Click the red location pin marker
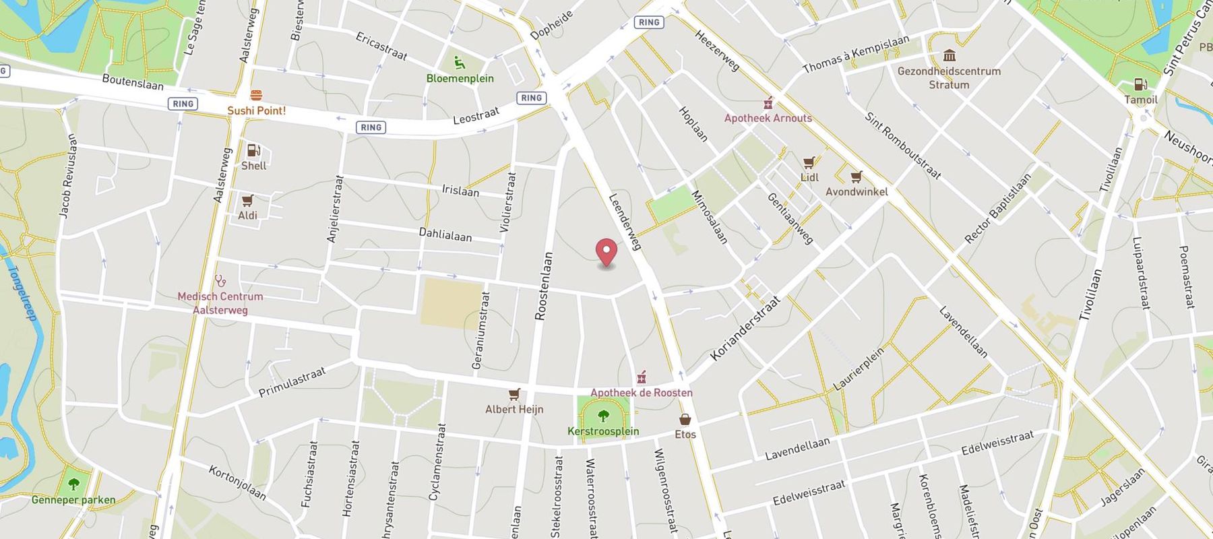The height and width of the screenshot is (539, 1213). (x=606, y=252)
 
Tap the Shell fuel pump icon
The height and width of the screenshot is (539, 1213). (x=253, y=150)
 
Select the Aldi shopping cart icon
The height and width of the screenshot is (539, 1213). (x=247, y=200)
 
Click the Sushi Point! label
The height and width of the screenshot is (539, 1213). (x=256, y=110)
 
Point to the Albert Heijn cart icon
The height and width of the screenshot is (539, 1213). (x=514, y=394)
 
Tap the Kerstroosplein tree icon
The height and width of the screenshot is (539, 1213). (x=603, y=416)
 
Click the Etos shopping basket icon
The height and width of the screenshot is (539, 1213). (x=685, y=419)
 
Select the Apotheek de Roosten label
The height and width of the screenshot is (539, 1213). (x=641, y=392)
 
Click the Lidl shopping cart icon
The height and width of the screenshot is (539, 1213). (x=809, y=162)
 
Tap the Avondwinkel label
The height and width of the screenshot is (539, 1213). (x=857, y=191)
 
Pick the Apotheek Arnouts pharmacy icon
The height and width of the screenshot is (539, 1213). (x=768, y=103)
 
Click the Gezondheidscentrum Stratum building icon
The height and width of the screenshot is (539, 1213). (x=950, y=55)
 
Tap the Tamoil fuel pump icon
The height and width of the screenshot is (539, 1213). (x=1140, y=84)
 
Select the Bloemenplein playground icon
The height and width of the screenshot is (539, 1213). (x=460, y=63)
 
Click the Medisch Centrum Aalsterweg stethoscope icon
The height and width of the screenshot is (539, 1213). (x=220, y=281)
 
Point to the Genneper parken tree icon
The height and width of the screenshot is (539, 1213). (x=73, y=484)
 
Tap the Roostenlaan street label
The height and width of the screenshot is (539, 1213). (x=543, y=286)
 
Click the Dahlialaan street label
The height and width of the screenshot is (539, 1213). (x=445, y=234)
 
